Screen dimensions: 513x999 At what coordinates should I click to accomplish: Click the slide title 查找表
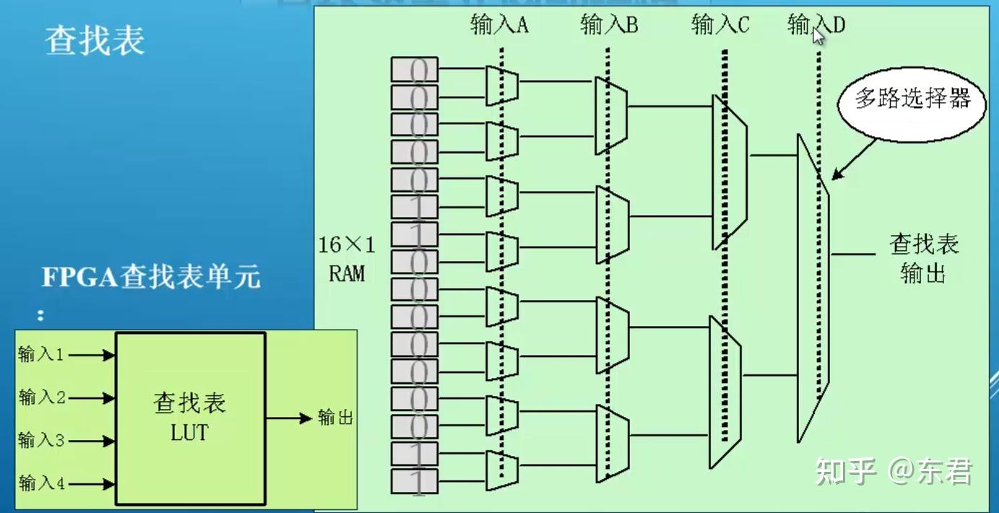tap(95, 41)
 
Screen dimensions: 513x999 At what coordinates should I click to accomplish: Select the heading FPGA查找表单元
tap(151, 276)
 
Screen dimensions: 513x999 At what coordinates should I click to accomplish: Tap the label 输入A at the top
tap(499, 25)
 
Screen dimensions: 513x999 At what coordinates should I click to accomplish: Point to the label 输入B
tap(609, 25)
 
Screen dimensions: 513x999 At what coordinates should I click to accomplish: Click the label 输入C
tap(720, 25)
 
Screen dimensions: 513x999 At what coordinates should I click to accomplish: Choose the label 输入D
tap(816, 25)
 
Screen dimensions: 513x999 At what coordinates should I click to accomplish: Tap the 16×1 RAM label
tap(347, 259)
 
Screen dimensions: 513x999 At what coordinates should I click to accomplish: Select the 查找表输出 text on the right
tap(923, 258)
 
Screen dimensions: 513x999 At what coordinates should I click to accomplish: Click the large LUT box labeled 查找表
tap(190, 418)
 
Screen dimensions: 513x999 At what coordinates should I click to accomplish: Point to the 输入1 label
tap(41, 354)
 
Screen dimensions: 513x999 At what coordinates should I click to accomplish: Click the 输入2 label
tap(42, 397)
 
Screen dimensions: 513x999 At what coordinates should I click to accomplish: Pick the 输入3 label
tap(41, 439)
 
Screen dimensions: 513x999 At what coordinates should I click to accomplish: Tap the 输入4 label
tap(42, 482)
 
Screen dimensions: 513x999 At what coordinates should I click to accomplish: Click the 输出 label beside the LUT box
tap(335, 418)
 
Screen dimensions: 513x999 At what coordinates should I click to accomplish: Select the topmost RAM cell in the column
tap(415, 69)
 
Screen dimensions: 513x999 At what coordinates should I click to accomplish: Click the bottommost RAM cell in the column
tap(415, 481)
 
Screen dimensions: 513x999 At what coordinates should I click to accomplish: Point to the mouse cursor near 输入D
tap(818, 35)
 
